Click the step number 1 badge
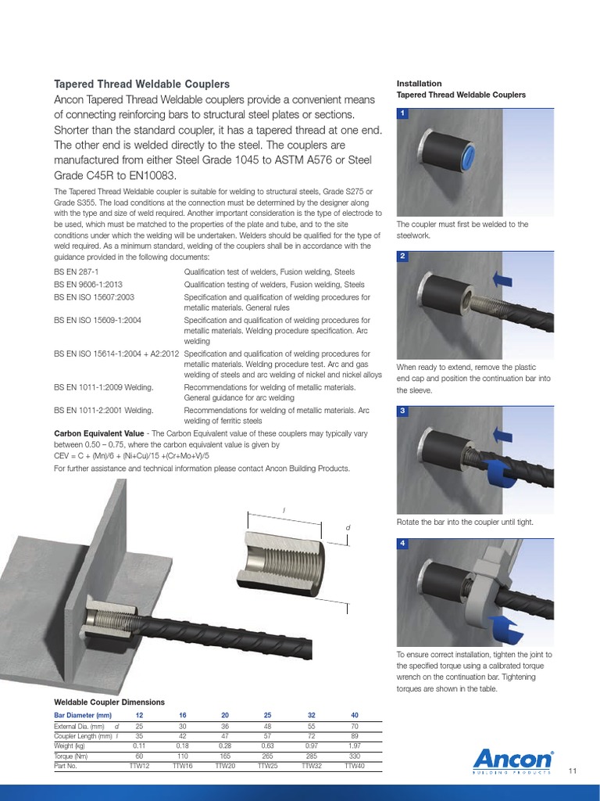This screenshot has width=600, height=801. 402,113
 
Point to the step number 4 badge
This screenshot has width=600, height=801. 402,543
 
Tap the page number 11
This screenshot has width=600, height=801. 573,771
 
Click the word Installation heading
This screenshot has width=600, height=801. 419,83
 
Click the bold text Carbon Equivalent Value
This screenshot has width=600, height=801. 98,433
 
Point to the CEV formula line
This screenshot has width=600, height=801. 132,456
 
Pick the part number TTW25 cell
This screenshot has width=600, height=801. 270,767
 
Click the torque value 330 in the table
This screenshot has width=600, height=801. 355,756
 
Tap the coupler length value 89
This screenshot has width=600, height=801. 355,736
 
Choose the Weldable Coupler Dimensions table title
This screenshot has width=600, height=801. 109,702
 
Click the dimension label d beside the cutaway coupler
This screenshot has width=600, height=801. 348,529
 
